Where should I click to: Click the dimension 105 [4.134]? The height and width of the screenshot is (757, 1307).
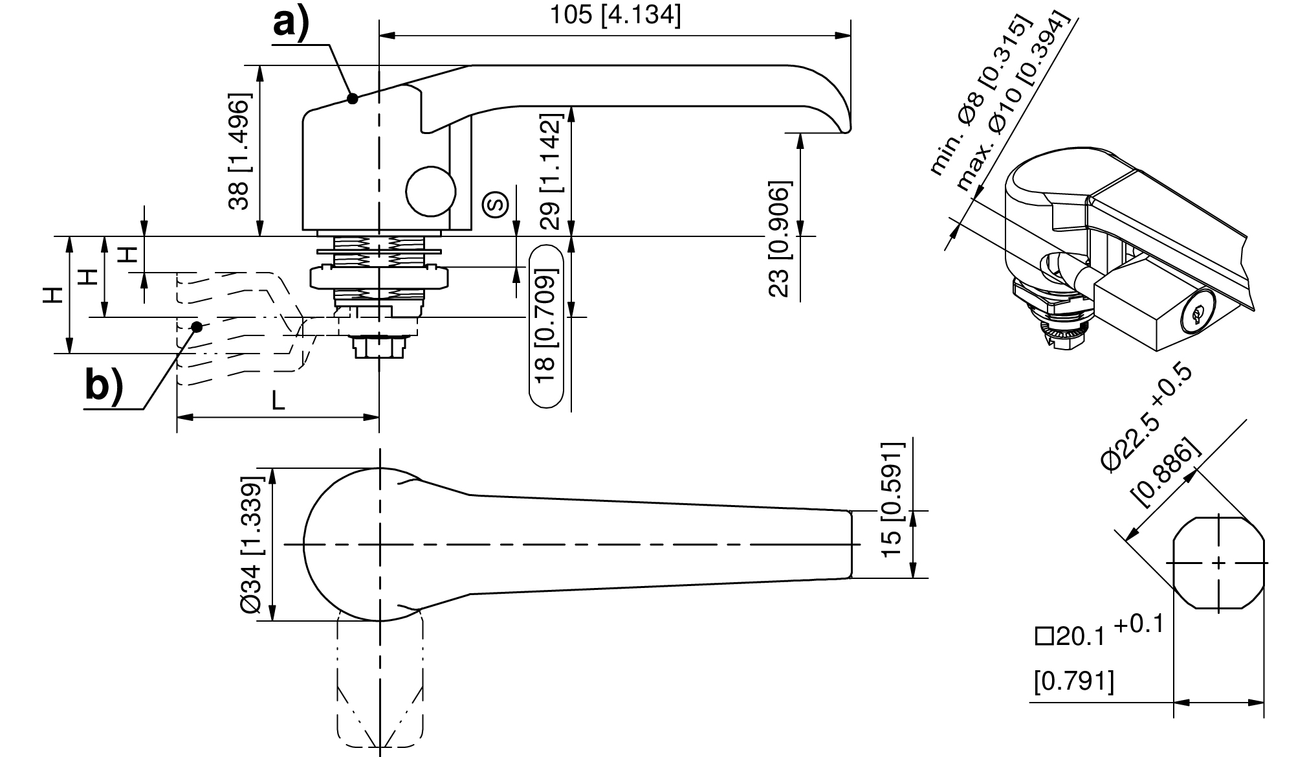615,16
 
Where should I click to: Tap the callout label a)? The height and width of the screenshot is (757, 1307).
291,24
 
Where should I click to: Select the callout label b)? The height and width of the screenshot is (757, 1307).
104,387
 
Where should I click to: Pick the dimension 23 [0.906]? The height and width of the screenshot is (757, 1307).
779,238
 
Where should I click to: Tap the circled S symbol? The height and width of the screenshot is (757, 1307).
496,205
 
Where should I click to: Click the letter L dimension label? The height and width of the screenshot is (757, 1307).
278,401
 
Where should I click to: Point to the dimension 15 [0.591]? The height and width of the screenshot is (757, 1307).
892,499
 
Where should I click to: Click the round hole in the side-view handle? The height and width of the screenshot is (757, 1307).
431,191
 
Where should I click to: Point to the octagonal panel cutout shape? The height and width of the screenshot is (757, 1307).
1218,563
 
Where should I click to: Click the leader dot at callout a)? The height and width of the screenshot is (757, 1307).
353,98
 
